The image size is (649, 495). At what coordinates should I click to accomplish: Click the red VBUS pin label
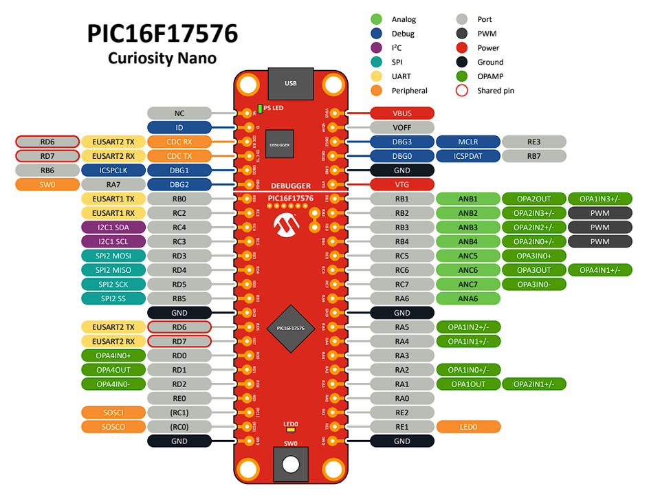coord(402,113)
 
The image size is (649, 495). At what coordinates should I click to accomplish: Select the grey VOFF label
coord(402,128)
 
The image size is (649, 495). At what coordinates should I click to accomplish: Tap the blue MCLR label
coord(467,142)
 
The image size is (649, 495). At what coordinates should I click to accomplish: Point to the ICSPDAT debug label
coord(467,156)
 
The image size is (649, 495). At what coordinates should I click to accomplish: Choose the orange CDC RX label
coord(179,142)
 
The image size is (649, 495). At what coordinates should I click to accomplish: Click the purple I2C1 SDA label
coord(113,227)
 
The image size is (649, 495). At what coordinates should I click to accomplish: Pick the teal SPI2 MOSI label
coord(113,256)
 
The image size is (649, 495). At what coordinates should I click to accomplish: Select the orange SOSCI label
coord(113,412)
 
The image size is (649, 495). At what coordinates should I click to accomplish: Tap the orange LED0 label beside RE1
coord(467,427)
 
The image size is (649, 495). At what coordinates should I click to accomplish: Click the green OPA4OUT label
coord(113,370)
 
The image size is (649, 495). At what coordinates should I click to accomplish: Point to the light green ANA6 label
coord(467,298)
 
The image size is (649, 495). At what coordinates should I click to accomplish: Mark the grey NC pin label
coord(179,113)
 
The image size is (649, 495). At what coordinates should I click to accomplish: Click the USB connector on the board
coord(290,84)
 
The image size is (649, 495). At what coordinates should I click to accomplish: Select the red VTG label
coord(402,184)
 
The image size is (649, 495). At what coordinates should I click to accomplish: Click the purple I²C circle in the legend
coord(376,47)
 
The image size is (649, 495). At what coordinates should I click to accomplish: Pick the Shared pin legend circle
coord(462,90)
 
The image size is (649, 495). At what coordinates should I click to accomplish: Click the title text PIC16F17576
coord(162,33)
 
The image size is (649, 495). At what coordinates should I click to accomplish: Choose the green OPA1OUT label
coord(467,384)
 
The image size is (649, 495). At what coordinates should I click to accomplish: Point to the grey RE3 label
coord(534,142)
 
